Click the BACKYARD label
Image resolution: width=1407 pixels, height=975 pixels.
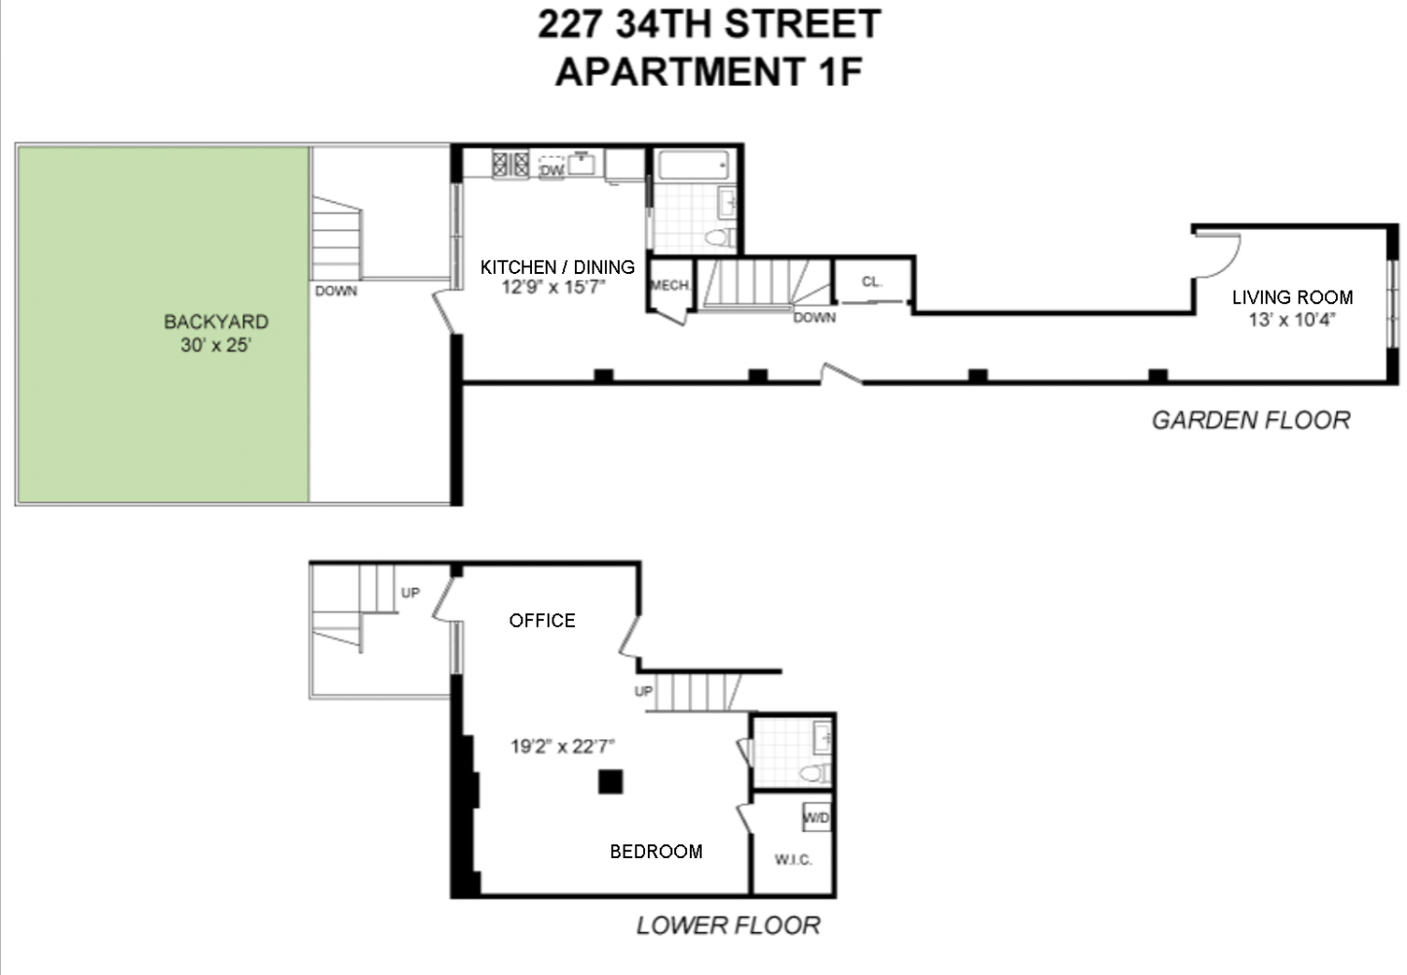[x=215, y=322]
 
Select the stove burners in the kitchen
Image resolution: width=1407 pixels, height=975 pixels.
[x=510, y=163]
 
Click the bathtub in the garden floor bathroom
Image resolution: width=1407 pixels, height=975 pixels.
[x=694, y=165]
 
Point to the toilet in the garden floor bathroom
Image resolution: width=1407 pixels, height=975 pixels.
[x=719, y=238]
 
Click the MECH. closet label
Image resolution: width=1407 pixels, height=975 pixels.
[x=669, y=286]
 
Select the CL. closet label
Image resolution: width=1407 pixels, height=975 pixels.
[x=871, y=282]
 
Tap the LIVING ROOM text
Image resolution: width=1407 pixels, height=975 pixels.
[x=1292, y=297]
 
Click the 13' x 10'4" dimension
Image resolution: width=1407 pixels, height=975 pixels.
[x=1292, y=320]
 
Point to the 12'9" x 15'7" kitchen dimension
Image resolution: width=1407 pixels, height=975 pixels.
[x=553, y=288]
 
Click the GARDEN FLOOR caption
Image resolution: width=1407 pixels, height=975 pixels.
[x=1251, y=420]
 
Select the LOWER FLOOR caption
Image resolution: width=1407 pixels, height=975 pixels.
[x=728, y=925]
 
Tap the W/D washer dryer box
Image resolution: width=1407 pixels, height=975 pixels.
[x=816, y=817]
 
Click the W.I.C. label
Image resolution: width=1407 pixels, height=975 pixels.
[x=792, y=859]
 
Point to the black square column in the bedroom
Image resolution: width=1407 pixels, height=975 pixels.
[x=610, y=782]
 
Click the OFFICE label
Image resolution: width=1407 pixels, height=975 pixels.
[x=542, y=620]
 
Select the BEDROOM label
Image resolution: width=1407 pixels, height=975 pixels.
[x=656, y=851]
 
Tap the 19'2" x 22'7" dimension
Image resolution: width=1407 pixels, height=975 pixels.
[x=562, y=747]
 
